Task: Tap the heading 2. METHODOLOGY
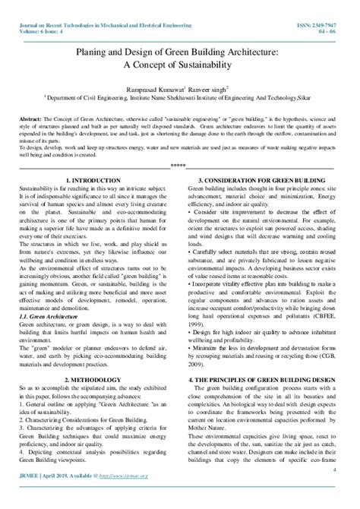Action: tap(90, 377)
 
